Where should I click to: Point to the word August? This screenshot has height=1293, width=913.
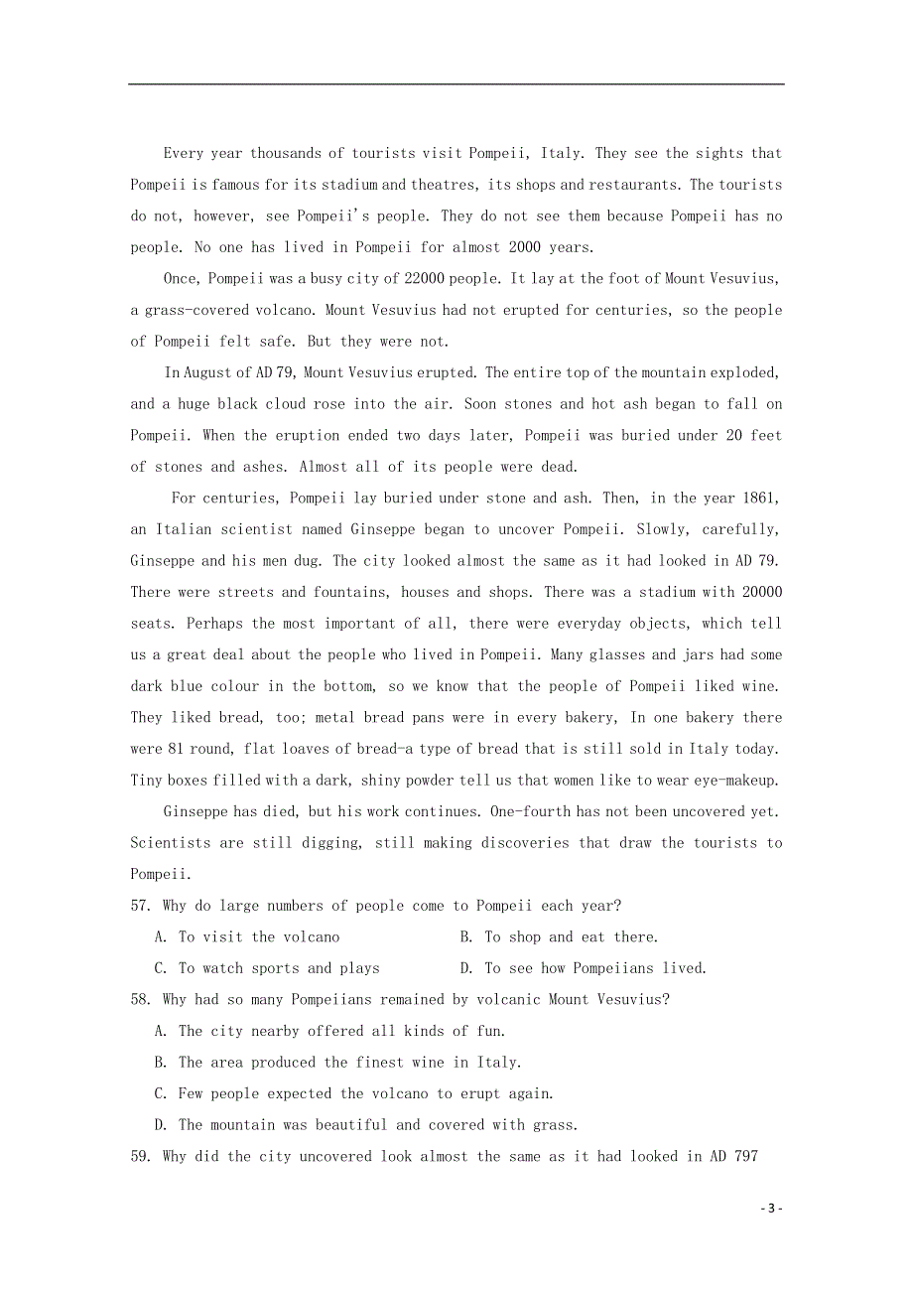pos(208,372)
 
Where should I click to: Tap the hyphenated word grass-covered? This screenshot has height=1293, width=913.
pos(192,310)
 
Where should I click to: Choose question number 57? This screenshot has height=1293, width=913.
pos(141,906)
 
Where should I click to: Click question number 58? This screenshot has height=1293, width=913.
pos(141,999)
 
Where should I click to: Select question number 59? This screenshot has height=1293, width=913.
pos(141,1156)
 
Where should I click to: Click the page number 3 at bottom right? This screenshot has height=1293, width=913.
pos(771,1209)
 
